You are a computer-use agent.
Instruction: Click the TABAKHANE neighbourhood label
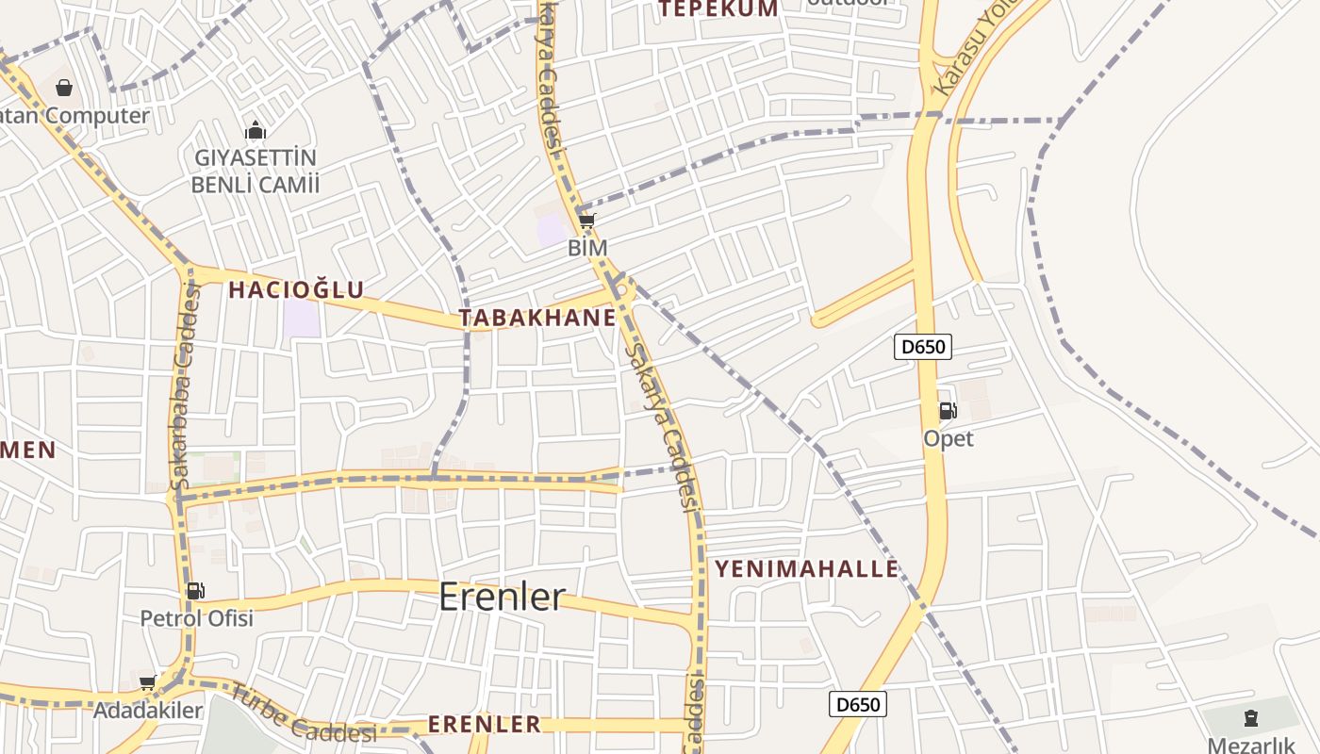pyautogui.click(x=537, y=318)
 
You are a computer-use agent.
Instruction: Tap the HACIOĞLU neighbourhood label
pyautogui.click(x=296, y=289)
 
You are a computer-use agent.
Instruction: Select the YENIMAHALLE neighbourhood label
pyautogui.click(x=806, y=569)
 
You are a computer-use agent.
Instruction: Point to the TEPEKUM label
pyautogui.click(x=719, y=9)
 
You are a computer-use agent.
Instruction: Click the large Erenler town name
pyautogui.click(x=503, y=597)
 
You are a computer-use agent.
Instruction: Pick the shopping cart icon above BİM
pyautogui.click(x=586, y=221)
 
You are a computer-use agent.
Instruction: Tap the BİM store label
pyautogui.click(x=587, y=248)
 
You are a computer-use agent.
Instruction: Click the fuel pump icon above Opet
pyautogui.click(x=948, y=410)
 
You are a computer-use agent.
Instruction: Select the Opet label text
pyautogui.click(x=949, y=438)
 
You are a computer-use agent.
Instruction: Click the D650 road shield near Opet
pyautogui.click(x=923, y=347)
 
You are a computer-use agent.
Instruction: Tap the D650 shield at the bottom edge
pyautogui.click(x=858, y=704)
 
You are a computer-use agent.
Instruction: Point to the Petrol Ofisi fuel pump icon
pyautogui.click(x=195, y=591)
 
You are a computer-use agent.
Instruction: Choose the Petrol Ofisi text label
pyautogui.click(x=196, y=618)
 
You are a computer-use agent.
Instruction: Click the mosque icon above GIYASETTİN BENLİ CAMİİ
pyautogui.click(x=255, y=130)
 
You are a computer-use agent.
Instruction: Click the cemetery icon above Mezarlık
pyautogui.click(x=1251, y=718)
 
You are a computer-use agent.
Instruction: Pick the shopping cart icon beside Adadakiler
pyautogui.click(x=147, y=682)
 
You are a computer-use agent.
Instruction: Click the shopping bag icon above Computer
pyautogui.click(x=64, y=88)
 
